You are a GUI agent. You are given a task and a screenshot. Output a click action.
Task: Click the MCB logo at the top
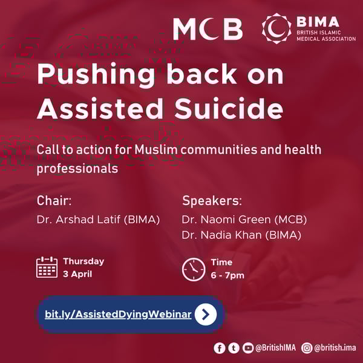point(208,28)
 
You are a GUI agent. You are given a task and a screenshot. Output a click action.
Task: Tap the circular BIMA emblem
point(276,28)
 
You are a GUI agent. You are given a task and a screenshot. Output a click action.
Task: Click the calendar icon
point(47,267)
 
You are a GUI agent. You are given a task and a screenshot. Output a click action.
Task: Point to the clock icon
point(194,269)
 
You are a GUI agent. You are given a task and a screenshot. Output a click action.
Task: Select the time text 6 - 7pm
point(227,276)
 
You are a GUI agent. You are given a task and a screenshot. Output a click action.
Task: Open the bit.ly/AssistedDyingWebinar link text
point(118,315)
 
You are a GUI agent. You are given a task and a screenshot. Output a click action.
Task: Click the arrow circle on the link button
point(206,315)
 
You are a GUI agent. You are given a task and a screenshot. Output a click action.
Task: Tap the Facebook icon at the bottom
point(220,348)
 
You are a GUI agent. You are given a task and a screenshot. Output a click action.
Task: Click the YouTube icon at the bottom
point(247,348)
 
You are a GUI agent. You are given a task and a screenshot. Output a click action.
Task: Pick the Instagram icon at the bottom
point(307,348)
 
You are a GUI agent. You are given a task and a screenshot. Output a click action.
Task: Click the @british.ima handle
point(335,348)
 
